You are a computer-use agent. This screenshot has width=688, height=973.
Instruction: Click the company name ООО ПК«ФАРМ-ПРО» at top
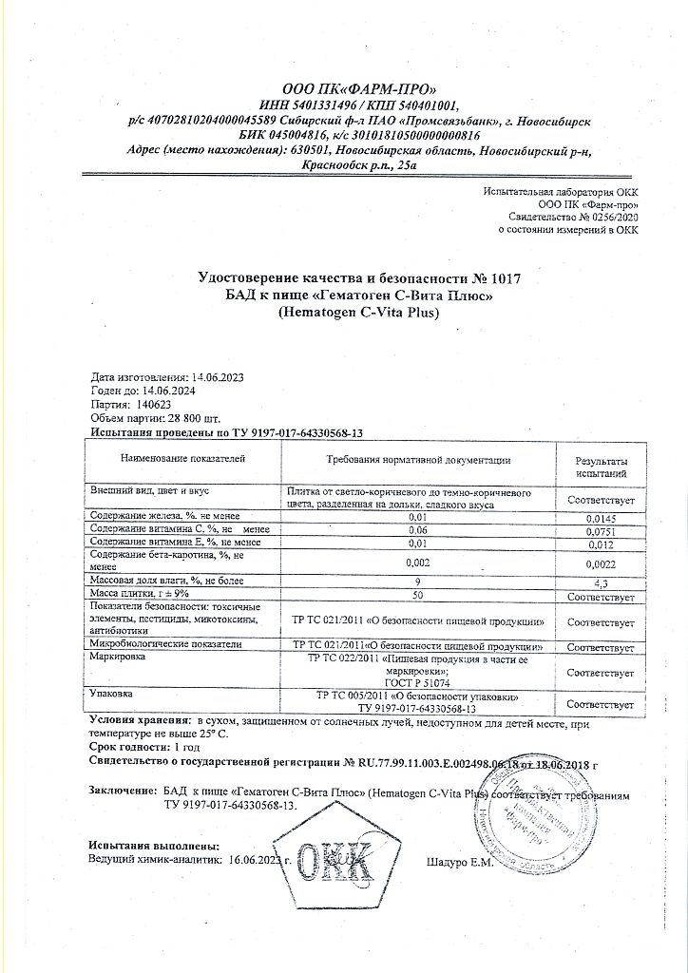point(358,88)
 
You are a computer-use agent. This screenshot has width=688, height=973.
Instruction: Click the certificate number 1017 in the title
point(504,278)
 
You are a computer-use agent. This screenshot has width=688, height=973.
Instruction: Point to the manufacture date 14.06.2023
point(218,376)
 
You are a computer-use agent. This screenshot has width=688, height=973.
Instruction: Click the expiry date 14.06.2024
point(173,390)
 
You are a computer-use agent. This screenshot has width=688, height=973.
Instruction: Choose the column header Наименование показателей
point(183,460)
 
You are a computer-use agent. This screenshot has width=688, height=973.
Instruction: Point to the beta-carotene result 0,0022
point(600,562)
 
